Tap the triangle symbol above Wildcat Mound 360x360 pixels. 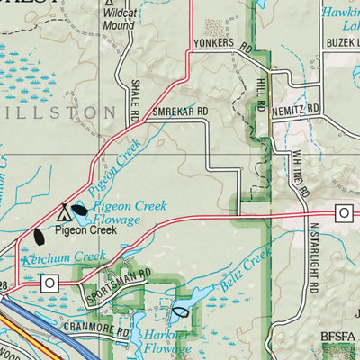coord(108,4)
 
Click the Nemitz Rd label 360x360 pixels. coord(299,108)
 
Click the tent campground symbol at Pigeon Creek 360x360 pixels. coord(64,214)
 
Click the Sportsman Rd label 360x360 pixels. coord(116,289)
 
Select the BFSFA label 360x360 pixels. coord(338,339)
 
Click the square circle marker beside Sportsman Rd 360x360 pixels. coord(49,283)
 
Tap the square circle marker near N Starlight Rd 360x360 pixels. coord(342,212)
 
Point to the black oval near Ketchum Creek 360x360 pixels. coord(40,238)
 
